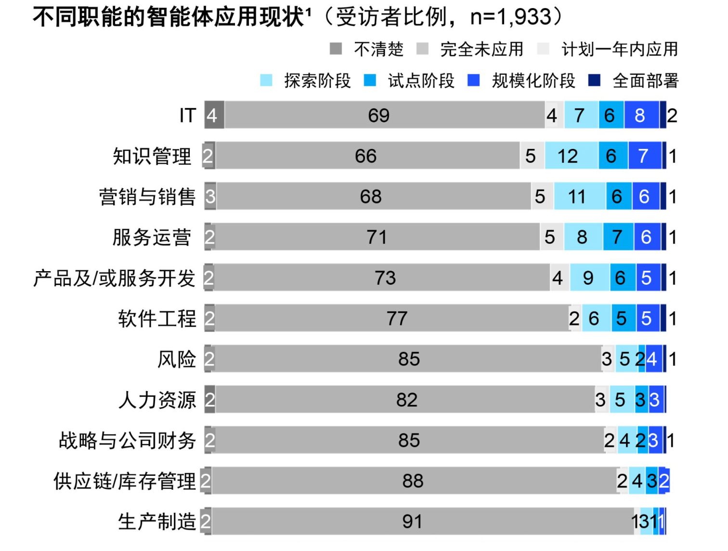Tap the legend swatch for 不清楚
tap(336, 49)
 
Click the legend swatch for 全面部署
tap(594, 80)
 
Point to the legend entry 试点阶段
tap(421, 81)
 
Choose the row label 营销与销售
tap(147, 197)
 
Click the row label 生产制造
tap(157, 522)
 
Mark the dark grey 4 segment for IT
tap(214, 116)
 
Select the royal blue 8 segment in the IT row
tap(641, 116)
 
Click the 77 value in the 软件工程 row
tap(397, 318)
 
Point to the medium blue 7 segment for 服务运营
tap(618, 237)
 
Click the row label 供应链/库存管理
tap(125, 481)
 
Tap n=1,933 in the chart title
tap(510, 17)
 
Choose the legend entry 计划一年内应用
tap(619, 49)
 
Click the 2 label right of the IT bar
tap(672, 116)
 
